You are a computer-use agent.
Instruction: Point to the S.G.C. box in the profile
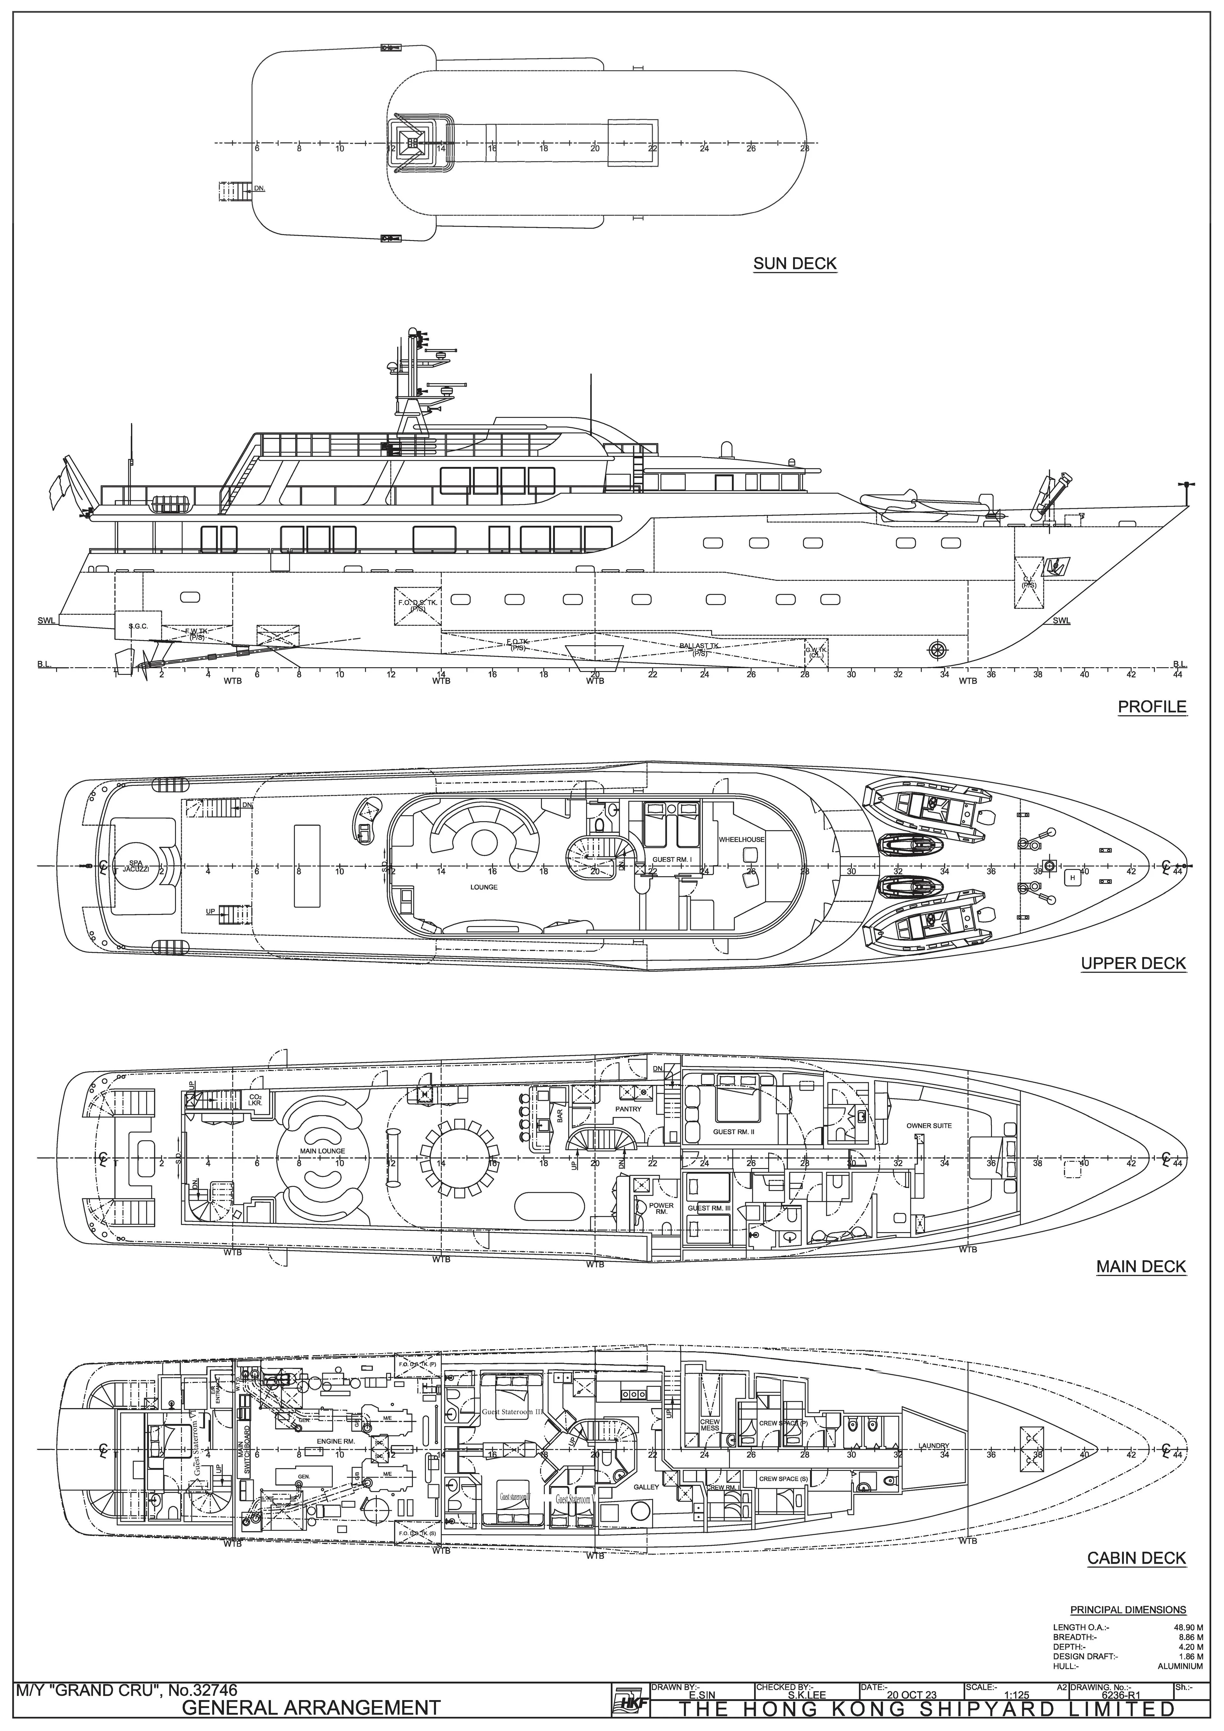pos(138,626)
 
